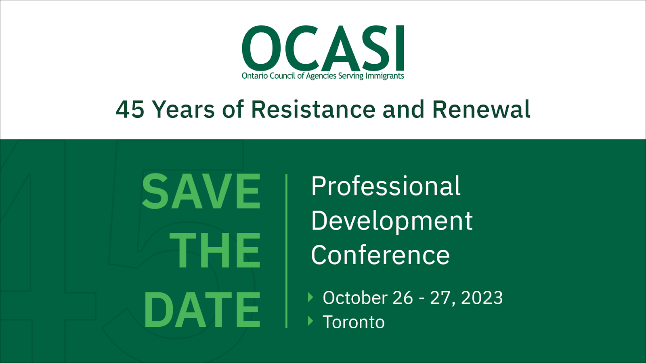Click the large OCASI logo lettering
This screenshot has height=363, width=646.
[323, 48]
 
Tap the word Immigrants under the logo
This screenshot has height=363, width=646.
[385, 76]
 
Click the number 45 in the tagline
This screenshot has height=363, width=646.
[130, 109]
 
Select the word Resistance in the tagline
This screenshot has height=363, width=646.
[313, 109]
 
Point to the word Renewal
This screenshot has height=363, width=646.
[481, 109]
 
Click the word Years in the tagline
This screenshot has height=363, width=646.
[183, 109]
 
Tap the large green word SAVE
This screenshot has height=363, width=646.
[201, 191]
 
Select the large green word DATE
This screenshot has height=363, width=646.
[202, 309]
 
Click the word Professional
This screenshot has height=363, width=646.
[386, 186]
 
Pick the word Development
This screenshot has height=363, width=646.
[392, 221]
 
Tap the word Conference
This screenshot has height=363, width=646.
[380, 255]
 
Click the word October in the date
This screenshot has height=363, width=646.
[355, 298]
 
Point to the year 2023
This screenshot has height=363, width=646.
[482, 298]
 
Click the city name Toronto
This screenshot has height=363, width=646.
[354, 322]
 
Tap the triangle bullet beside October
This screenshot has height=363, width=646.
[310, 297]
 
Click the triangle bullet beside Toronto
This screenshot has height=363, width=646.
[310, 321]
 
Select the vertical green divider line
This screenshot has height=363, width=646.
[286, 251]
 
